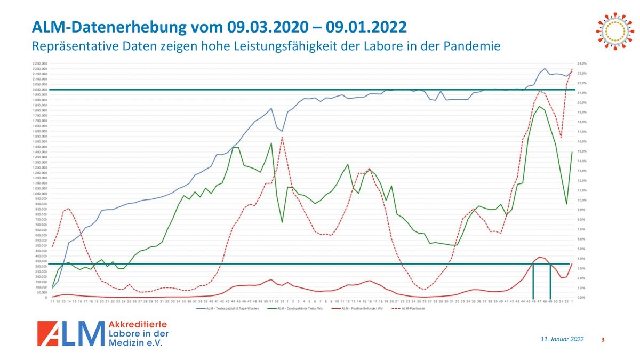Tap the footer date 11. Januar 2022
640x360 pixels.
point(562,339)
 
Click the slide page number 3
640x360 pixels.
point(603,340)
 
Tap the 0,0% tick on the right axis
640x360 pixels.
point(582,297)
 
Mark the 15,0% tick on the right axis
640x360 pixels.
point(582,151)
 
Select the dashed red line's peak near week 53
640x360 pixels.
point(282,137)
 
